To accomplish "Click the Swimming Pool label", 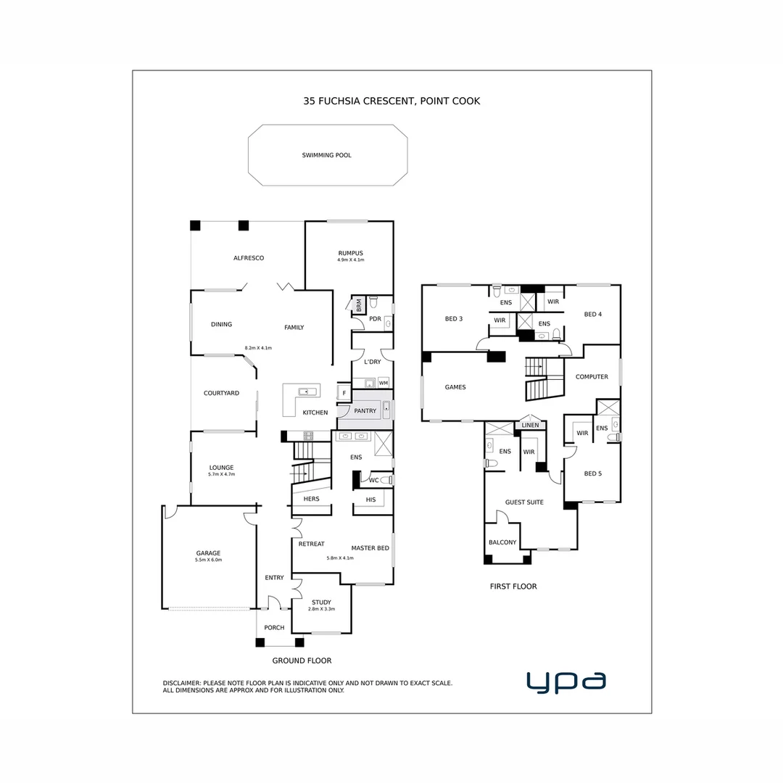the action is (326, 155).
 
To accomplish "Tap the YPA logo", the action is (566, 681).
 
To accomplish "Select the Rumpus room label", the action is (350, 253).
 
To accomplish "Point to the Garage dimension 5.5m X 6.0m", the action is (208, 560).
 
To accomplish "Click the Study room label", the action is (321, 602).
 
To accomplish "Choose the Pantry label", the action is (365, 411).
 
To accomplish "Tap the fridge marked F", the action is (344, 394).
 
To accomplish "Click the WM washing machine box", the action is (383, 382).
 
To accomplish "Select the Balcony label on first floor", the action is (502, 542).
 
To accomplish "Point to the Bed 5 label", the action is (592, 473).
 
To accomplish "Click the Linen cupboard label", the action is (530, 425).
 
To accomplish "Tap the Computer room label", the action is (592, 377).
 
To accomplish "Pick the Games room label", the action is (455, 387).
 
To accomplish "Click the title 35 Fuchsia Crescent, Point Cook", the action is (391, 101).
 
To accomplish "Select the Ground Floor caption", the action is (302, 660).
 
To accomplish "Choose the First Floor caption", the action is (513, 587).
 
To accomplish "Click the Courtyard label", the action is (221, 393).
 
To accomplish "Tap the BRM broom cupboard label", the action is (358, 306).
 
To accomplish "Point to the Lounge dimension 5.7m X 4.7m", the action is (221, 474).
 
